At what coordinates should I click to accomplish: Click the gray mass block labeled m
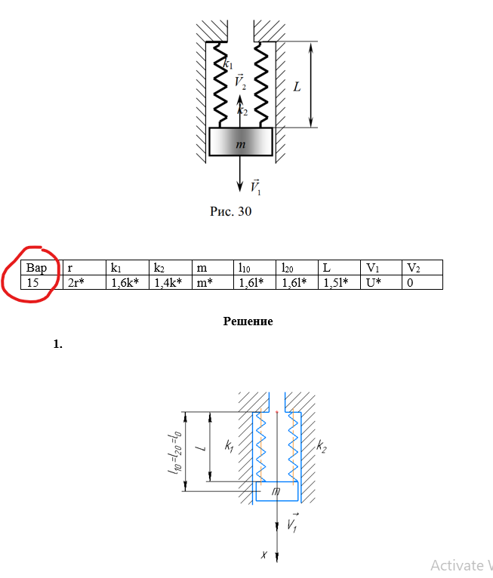click(241, 142)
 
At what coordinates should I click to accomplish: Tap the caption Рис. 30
click(231, 211)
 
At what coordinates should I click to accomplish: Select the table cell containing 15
click(42, 282)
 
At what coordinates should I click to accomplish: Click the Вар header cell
click(42, 267)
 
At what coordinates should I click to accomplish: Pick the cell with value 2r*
click(85, 282)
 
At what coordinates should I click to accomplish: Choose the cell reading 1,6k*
click(128, 282)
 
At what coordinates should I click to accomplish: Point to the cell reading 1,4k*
click(171, 282)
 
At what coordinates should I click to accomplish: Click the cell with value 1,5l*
click(339, 282)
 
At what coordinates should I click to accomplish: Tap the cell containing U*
click(381, 282)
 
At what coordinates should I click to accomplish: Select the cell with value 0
click(423, 282)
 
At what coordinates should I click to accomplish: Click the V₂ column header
click(423, 267)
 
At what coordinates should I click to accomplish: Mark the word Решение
click(248, 321)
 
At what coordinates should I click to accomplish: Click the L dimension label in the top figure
click(297, 87)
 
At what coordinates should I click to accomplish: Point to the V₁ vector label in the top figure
click(255, 186)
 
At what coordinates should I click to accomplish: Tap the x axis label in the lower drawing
click(263, 554)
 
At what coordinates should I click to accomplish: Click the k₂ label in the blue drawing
click(321, 447)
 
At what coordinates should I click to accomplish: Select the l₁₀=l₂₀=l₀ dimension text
click(174, 451)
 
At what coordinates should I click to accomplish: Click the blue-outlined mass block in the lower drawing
click(277, 491)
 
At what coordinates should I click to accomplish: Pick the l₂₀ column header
click(297, 267)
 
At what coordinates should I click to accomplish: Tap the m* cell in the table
click(213, 282)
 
